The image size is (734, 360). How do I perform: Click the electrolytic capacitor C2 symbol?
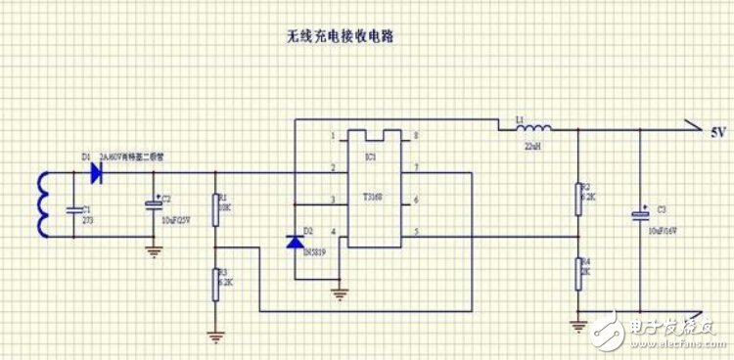pos(153,204)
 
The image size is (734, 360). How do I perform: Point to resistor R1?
pos(215,207)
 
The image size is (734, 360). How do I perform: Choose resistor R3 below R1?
pos(215,283)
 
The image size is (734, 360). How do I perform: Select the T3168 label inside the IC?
pos(371,197)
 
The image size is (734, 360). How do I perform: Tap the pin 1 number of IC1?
pos(334,136)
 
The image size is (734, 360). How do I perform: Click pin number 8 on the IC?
pos(417,136)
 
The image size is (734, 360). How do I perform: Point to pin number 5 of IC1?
pos(417,232)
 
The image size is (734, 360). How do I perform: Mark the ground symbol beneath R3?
pos(215,337)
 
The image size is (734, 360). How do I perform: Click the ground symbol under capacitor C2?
pos(153,249)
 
